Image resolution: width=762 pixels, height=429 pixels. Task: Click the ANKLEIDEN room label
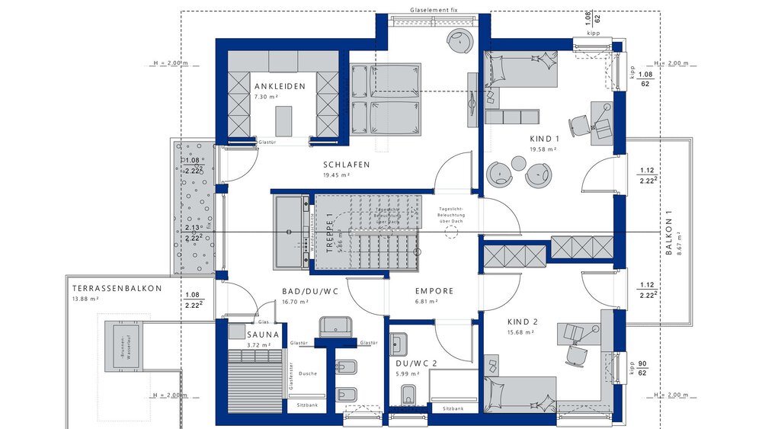click(280, 86)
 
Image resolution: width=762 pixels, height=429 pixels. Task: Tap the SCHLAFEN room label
click(346, 165)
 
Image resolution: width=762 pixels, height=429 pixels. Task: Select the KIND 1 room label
click(545, 139)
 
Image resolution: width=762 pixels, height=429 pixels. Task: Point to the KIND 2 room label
click(523, 322)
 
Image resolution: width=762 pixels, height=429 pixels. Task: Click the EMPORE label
click(434, 291)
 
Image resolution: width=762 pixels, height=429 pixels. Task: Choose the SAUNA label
click(263, 335)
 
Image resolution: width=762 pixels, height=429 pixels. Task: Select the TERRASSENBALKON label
click(117, 289)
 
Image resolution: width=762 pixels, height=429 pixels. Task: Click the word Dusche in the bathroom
click(309, 373)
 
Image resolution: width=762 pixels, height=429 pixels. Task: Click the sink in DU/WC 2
click(399, 344)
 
